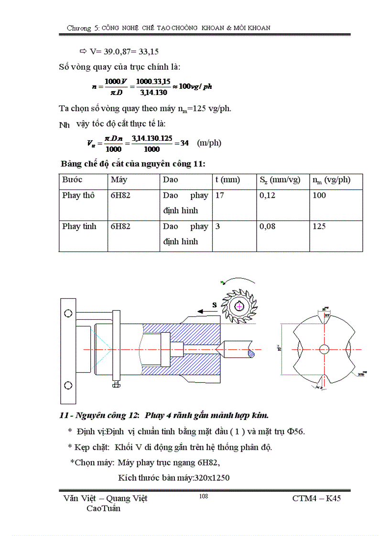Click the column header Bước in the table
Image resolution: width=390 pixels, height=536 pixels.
coord(72,180)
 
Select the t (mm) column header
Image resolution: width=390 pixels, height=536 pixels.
coord(227,180)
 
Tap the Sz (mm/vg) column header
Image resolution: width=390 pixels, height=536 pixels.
coord(280,180)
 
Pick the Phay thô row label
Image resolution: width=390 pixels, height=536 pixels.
coord(78,195)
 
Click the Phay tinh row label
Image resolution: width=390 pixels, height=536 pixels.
coord(79,226)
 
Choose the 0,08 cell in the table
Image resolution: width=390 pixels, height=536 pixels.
coord(267,226)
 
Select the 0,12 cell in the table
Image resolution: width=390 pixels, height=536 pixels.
coord(267,195)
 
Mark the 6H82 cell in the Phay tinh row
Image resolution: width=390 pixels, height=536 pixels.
coord(120,226)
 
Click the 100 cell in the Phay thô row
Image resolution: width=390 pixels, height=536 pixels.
coord(319,195)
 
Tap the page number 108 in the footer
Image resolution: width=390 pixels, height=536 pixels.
coord(203,496)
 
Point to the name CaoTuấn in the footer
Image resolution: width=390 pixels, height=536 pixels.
coord(103,508)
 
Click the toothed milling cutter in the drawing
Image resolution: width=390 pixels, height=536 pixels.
coord(239,305)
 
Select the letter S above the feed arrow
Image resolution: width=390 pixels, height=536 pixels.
coord(215,304)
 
